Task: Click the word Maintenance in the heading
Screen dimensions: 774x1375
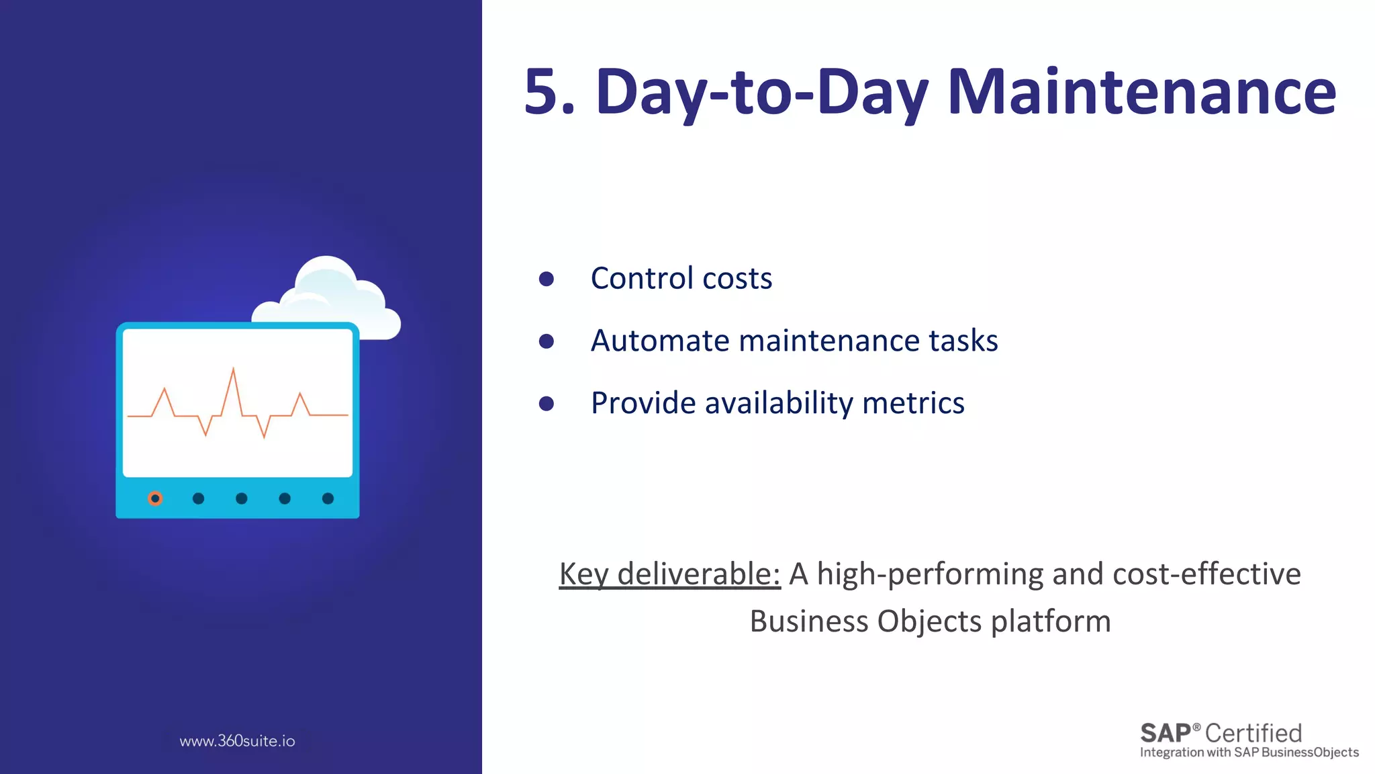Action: click(1141, 92)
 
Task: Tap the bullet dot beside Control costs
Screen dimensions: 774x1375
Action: click(547, 279)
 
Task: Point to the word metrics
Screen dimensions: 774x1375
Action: click(913, 403)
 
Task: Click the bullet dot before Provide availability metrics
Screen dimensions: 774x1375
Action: click(547, 403)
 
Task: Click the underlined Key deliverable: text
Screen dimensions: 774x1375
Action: click(669, 574)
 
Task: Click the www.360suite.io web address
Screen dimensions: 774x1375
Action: click(237, 741)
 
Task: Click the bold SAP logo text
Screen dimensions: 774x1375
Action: click(1166, 733)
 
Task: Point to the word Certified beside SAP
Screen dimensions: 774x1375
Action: click(1253, 733)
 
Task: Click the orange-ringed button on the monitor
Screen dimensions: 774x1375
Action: click(155, 499)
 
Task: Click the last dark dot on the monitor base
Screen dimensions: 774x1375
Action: click(328, 499)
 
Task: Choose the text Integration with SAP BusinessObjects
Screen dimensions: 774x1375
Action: click(1249, 752)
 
